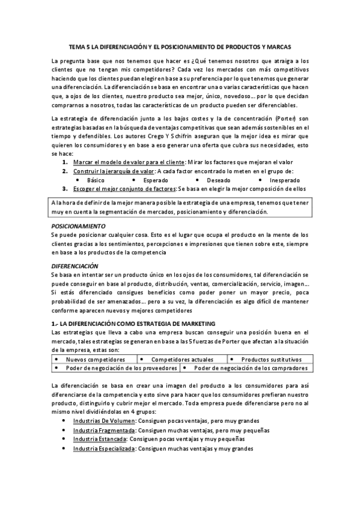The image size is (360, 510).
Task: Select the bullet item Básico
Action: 96,180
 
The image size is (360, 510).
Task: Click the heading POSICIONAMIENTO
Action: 78,226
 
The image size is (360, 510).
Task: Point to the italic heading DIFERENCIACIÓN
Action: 75,265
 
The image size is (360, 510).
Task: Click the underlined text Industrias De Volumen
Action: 104,422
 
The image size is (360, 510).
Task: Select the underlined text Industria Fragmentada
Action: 104,431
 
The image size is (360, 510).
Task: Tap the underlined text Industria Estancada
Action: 100,440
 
